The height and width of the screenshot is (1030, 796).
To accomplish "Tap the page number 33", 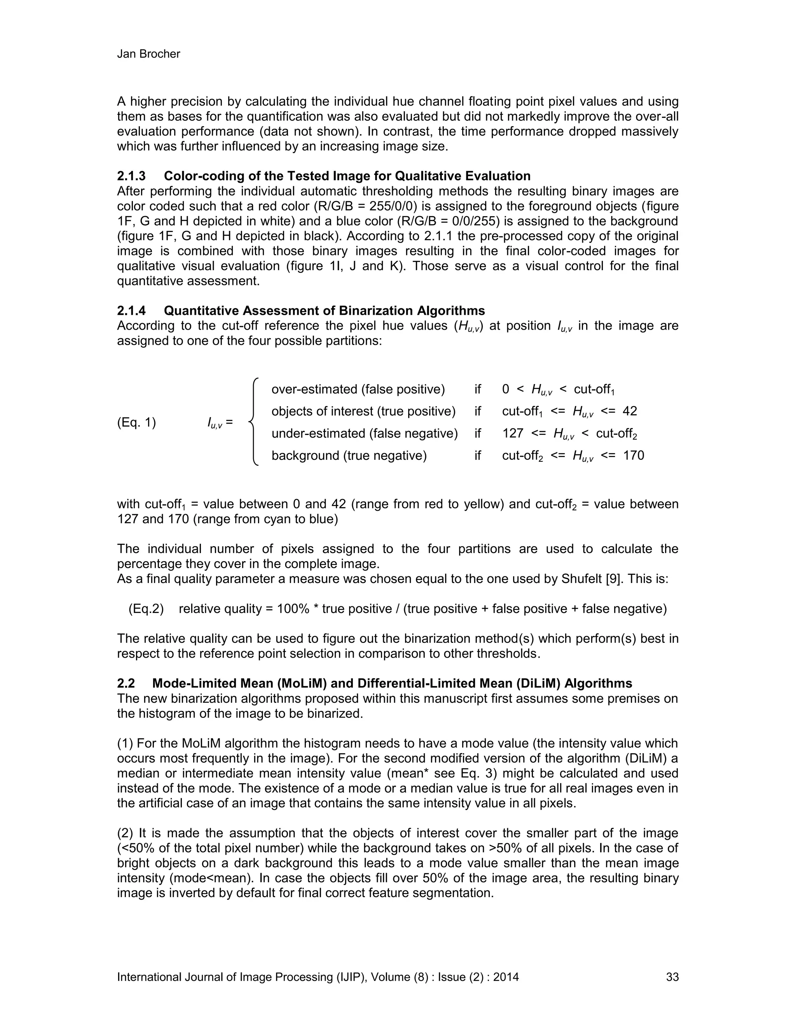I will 672,977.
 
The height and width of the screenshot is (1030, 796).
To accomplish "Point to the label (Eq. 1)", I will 136,422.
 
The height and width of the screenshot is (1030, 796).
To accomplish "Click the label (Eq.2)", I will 146,609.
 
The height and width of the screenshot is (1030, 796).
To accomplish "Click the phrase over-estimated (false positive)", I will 358,389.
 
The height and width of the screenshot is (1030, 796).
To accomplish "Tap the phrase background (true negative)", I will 349,456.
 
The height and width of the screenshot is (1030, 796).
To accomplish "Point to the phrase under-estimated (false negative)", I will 364,433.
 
